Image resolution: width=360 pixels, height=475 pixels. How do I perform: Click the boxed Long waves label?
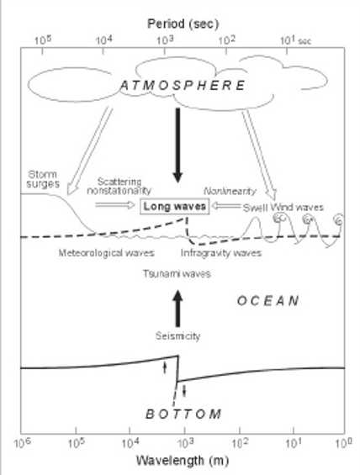[175, 206]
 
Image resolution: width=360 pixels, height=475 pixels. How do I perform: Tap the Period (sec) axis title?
[183, 24]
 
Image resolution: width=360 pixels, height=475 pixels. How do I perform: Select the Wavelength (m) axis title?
[183, 461]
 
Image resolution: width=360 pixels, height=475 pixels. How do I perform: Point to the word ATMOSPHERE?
[183, 86]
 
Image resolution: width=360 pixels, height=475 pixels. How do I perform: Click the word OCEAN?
[267, 301]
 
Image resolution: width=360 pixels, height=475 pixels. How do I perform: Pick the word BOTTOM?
[183, 414]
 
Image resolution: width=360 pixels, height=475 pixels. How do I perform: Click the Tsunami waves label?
[177, 273]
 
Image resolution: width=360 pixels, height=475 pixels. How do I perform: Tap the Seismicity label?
[177, 336]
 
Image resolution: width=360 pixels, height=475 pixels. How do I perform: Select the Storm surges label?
[43, 179]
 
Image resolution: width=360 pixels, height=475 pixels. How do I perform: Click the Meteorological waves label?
[106, 253]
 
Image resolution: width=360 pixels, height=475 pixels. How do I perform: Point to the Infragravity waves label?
[221, 253]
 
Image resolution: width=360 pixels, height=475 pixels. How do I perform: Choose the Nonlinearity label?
[230, 191]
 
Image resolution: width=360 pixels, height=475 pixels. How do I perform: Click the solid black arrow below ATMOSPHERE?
[177, 145]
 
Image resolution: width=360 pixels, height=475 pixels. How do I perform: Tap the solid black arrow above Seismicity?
[177, 309]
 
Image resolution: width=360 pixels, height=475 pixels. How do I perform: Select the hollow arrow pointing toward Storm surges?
[89, 150]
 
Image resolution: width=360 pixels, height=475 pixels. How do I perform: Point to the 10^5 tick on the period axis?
[42, 51]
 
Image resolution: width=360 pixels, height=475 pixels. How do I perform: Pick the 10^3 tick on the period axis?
[165, 51]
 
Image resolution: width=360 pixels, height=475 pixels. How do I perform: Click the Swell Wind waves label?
[283, 208]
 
